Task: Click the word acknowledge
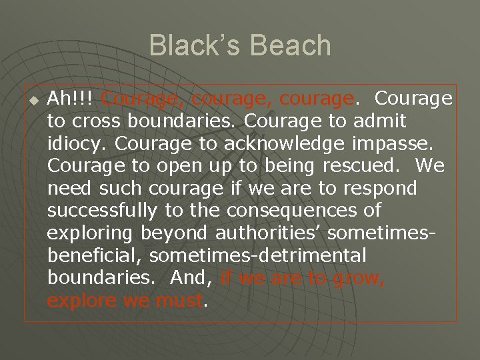[247, 145]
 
